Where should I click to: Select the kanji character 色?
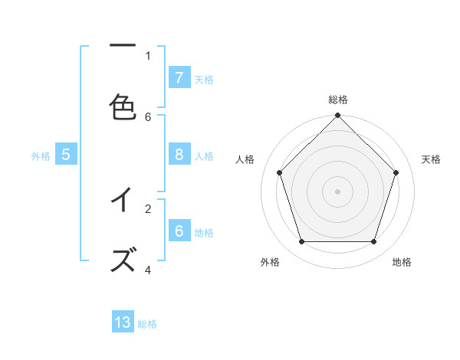pyautogui.click(x=123, y=107)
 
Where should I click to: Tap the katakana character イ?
pyautogui.click(x=123, y=200)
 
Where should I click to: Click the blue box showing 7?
pyautogui.click(x=179, y=78)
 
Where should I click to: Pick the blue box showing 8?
pyautogui.click(x=179, y=155)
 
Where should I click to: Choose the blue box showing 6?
pyautogui.click(x=179, y=231)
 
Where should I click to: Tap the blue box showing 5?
pyautogui.click(x=66, y=155)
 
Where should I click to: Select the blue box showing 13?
pyautogui.click(x=123, y=322)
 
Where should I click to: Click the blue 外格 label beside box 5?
pyautogui.click(x=41, y=155)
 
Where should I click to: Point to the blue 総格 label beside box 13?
pyautogui.click(x=147, y=323)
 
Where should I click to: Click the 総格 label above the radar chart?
pyautogui.click(x=337, y=100)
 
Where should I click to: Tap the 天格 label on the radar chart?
pyautogui.click(x=431, y=159)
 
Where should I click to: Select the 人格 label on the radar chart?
pyautogui.click(x=245, y=159)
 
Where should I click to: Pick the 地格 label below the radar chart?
pyautogui.click(x=402, y=262)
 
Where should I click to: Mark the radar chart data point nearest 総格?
pyautogui.click(x=337, y=116)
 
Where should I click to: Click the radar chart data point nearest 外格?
pyautogui.click(x=301, y=242)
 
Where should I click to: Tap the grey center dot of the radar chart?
pyautogui.click(x=337, y=191)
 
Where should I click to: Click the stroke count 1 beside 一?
pyautogui.click(x=148, y=55)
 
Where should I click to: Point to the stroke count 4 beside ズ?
pyautogui.click(x=148, y=270)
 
